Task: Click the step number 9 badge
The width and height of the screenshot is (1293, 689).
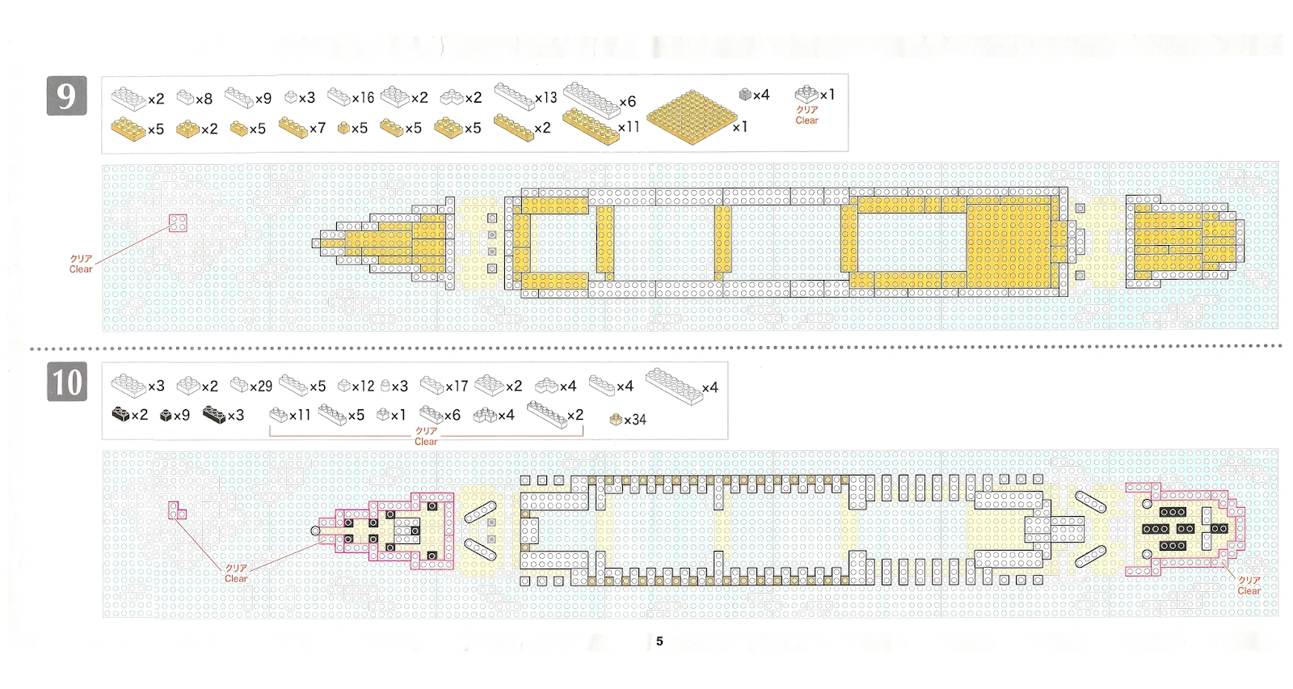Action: [x=66, y=96]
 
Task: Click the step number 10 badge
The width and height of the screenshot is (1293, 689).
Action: [x=67, y=382]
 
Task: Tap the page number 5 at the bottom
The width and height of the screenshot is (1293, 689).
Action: [x=659, y=641]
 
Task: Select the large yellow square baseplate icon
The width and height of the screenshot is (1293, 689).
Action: [x=692, y=118]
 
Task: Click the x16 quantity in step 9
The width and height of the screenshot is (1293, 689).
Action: [x=363, y=98]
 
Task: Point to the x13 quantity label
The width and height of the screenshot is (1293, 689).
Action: [x=546, y=98]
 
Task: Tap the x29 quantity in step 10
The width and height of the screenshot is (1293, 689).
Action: [x=261, y=387]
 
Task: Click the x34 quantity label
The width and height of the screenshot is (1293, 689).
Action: [x=635, y=420]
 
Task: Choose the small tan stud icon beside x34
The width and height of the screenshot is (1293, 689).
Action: [x=616, y=419]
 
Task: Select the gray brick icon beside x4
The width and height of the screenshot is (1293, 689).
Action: [x=745, y=95]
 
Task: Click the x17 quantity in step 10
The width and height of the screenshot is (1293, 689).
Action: [x=457, y=387]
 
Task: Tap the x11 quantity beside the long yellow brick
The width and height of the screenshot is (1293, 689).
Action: [x=629, y=127]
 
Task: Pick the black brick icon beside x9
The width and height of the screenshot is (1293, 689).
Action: [x=166, y=416]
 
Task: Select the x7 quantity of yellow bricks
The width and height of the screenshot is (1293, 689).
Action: [x=318, y=129]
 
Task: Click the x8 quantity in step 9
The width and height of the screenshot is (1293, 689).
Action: [x=204, y=99]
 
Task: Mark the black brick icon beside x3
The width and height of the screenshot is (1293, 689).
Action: [x=214, y=415]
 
